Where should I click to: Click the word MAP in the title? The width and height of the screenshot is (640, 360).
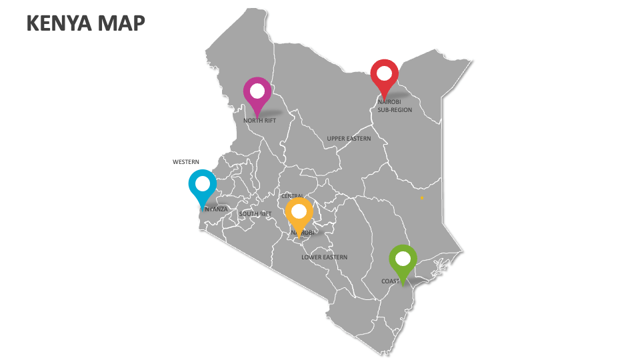point(121,23)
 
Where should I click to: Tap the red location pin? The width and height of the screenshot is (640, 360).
point(384,77)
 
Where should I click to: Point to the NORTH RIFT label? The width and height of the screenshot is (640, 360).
point(259,121)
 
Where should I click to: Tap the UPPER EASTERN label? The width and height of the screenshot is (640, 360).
point(349,139)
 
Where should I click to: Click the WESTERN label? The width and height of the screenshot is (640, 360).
point(186,162)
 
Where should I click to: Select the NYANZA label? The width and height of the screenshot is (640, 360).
point(217,209)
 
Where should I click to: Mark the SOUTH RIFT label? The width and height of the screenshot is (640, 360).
point(255,214)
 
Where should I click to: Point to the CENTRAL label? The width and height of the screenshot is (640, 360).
point(293,197)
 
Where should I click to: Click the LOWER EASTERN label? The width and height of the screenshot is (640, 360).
point(324,257)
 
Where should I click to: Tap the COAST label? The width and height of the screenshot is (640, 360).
point(391,281)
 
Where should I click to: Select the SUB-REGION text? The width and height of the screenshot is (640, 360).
point(395,110)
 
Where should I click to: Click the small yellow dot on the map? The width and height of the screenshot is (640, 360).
point(422,198)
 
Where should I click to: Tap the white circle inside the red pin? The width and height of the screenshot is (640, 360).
point(384,72)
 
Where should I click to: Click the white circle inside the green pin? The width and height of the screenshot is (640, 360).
point(403,257)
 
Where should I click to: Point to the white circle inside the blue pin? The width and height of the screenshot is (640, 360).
point(203,182)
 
